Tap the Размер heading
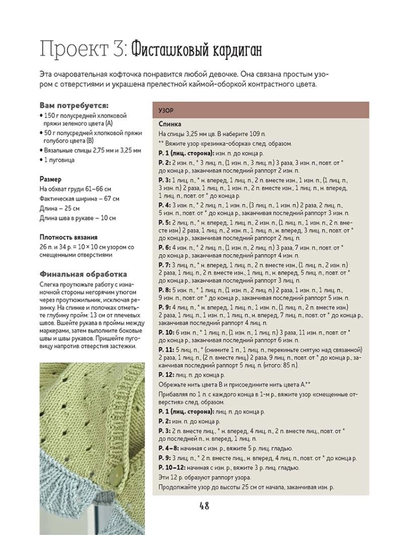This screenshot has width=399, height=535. [50, 179]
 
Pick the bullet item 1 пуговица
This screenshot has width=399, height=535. [59, 160]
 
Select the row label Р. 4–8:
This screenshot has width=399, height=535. [170, 448]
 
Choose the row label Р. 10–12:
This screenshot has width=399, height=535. [172, 468]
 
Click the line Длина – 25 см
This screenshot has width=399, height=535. [59, 208]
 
